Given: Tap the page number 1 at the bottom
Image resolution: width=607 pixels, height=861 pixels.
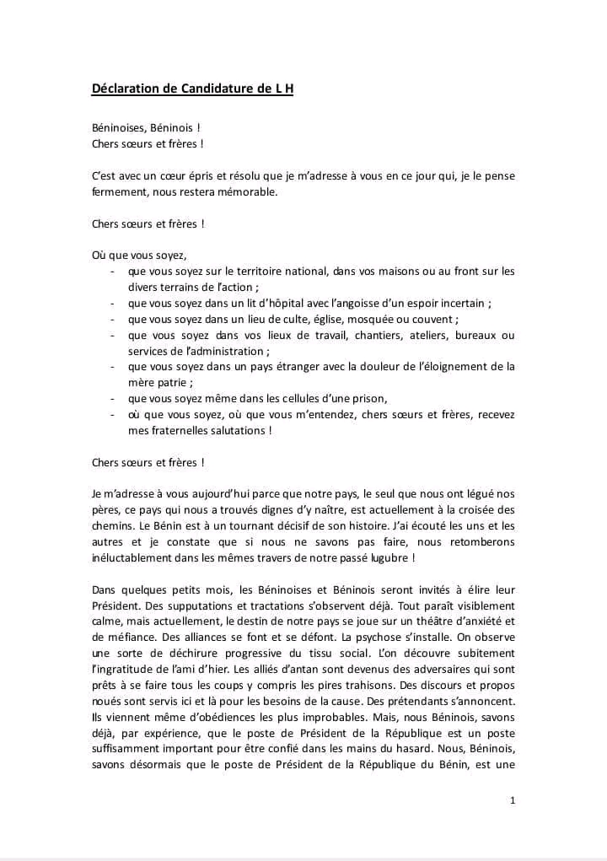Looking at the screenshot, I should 513,800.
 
